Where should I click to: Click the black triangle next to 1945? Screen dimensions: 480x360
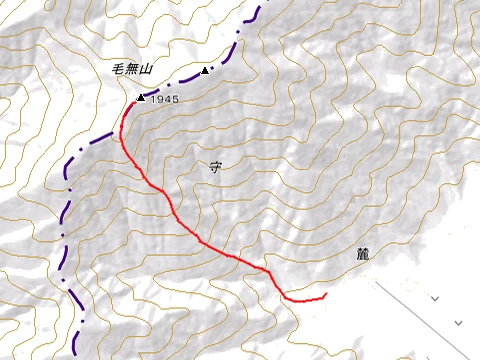[x=140, y=98]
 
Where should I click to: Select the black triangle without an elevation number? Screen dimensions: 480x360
[x=205, y=71]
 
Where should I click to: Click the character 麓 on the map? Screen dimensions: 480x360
[x=362, y=255]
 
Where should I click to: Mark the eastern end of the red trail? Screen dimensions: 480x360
[x=327, y=295]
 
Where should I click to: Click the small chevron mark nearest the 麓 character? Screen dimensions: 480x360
[x=435, y=298]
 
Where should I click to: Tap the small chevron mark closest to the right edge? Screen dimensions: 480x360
[x=459, y=322]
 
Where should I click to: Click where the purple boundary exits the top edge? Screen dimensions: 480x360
[x=261, y=2]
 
